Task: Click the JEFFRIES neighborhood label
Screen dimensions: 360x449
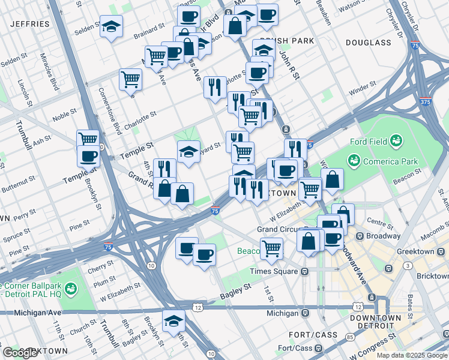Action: point(29,24)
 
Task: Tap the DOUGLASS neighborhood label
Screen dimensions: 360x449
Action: point(369,43)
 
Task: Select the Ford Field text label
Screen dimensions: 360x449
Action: point(367,142)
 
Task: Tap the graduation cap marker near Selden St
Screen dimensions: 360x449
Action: point(111,26)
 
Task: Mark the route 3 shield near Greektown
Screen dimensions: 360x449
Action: point(408,265)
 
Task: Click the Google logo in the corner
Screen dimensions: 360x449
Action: point(20,353)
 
